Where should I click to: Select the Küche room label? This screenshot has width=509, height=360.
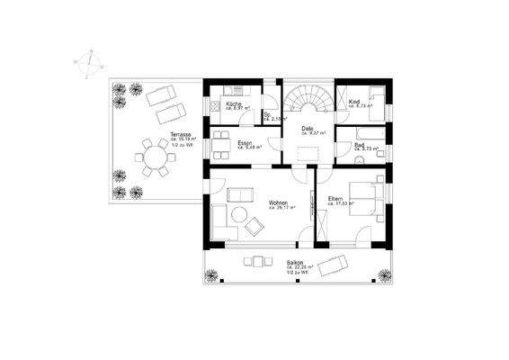pos(233,103)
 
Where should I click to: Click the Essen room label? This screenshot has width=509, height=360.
pos(244,143)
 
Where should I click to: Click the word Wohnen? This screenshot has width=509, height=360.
pos(277,202)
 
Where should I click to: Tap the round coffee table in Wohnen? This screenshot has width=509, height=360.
pos(238,214)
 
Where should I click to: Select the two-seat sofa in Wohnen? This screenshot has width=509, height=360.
pos(240,194)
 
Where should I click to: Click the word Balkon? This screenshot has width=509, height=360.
pos(294,263)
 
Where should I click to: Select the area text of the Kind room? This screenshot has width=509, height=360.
pos(359,106)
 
